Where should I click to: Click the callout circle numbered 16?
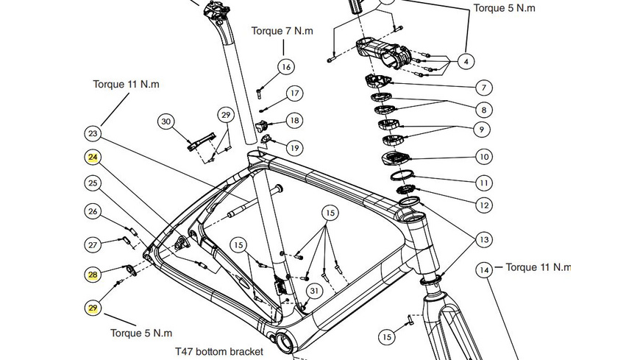tap(286, 67)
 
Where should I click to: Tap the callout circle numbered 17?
tap(294, 93)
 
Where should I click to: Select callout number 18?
tap(294, 121)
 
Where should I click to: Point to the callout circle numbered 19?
tap(294, 148)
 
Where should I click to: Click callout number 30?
tap(166, 121)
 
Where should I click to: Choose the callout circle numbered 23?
tap(93, 134)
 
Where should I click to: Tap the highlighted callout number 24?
tap(93, 158)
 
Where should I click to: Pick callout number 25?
tap(93, 183)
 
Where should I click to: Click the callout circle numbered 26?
tap(93, 212)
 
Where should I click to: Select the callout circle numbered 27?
tap(93, 244)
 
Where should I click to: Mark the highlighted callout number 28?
tap(93, 275)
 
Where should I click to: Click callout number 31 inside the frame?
tap(314, 292)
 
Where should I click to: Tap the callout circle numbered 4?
tap(466, 61)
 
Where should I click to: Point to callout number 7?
tap(483, 88)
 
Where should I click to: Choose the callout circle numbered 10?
tap(483, 157)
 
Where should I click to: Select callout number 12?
tap(483, 205)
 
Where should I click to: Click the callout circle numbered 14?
tap(483, 271)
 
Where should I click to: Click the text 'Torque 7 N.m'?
tap(282, 31)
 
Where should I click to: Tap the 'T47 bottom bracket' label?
tap(218, 352)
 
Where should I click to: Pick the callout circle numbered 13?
tap(483, 239)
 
